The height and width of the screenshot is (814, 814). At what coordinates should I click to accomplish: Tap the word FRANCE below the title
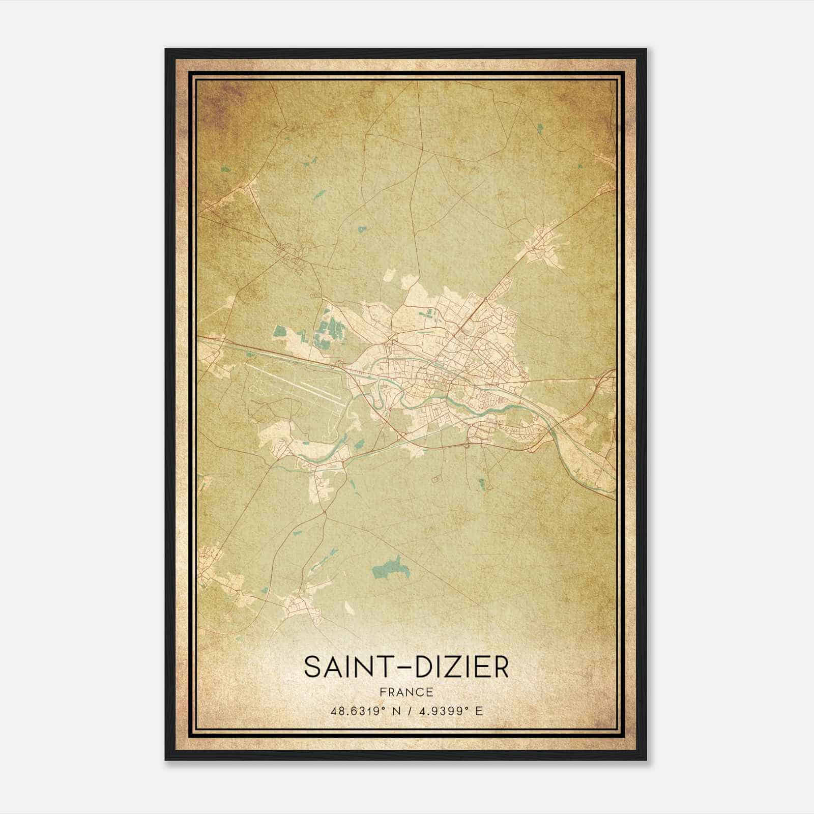click(406, 692)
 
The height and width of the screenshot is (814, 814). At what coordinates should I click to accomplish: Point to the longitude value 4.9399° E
click(450, 711)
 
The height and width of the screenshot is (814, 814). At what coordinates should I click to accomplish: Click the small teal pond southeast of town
click(481, 483)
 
